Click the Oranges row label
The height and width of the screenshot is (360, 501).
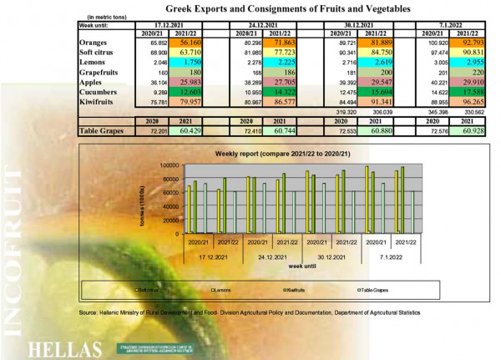[92, 41]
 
